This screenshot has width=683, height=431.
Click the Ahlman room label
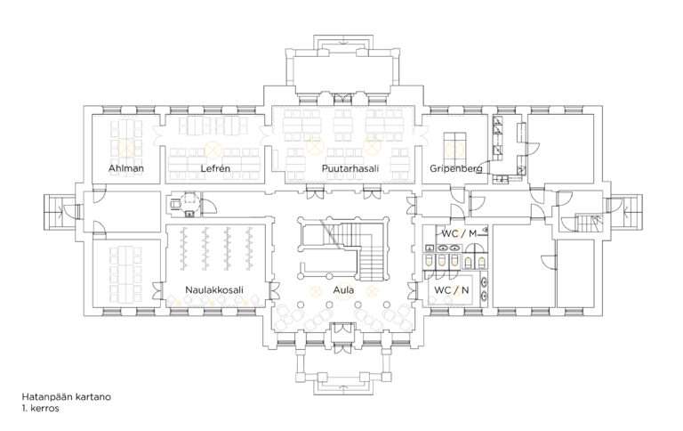(126, 168)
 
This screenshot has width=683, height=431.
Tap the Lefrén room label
(215, 168)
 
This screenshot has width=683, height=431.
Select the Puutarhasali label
(350, 168)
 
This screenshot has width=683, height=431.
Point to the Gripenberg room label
(455, 168)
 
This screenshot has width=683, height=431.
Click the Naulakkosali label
(214, 289)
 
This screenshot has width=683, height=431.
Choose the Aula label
(343, 289)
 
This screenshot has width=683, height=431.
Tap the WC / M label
(459, 234)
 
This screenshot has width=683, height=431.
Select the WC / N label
(452, 289)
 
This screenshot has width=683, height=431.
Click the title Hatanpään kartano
(66, 396)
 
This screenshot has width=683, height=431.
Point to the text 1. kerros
(41, 409)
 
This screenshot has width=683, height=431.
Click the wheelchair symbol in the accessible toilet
(175, 204)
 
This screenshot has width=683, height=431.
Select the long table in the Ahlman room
(126, 140)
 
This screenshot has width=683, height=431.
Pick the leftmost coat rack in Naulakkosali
(184, 248)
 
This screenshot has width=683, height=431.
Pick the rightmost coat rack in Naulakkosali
(250, 248)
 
